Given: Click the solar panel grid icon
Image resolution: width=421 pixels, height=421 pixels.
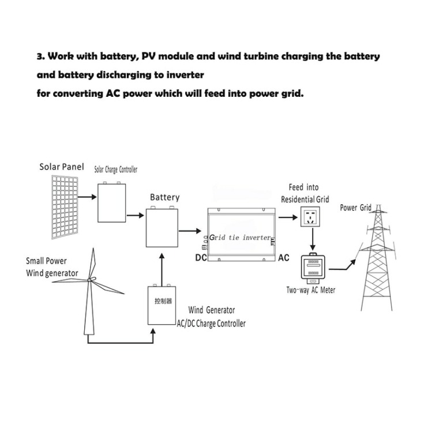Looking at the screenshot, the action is tap(65, 207).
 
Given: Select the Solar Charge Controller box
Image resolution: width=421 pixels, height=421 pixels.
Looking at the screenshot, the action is tap(112, 202).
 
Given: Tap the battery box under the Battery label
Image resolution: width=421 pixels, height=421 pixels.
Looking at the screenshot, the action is tap(162, 227).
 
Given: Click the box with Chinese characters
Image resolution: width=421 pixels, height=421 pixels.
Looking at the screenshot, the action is tap(161, 305).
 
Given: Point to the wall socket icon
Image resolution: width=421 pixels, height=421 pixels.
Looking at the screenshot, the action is tap(310, 217).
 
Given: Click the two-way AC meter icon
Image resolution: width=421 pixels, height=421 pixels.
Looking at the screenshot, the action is tap(313, 268).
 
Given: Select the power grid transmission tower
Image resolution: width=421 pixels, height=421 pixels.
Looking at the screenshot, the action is tap(377, 258).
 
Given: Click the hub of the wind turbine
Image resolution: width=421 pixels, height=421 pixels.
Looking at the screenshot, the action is tap(90, 280).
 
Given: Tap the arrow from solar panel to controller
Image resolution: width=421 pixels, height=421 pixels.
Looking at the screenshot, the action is tap(87, 197).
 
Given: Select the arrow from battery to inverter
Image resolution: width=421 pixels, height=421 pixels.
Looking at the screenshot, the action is tap(190, 231).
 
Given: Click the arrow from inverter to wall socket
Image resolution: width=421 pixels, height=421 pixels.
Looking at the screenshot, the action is tap(288, 217).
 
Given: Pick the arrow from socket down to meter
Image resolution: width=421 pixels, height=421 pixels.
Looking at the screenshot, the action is tap(313, 239).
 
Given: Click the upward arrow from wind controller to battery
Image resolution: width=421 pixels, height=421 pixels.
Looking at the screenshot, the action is tap(161, 269).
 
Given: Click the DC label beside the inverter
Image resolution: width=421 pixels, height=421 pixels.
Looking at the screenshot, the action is tap(201, 258).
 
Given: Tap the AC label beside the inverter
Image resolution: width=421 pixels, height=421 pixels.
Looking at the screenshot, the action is tap(284, 258).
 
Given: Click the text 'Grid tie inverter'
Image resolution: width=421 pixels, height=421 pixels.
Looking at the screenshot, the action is tap(240, 238).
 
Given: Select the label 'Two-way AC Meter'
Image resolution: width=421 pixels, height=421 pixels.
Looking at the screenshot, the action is tap(311, 290).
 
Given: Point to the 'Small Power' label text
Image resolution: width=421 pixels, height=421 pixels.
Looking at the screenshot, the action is tap(46, 261).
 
